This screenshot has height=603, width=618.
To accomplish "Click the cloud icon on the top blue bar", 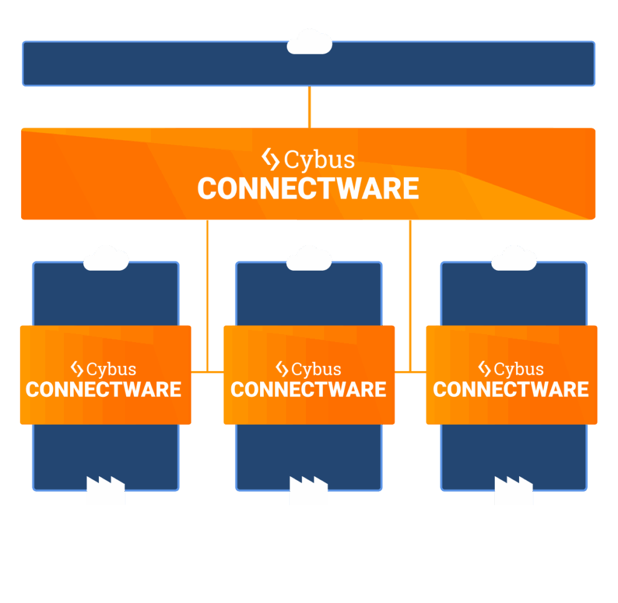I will [309, 42].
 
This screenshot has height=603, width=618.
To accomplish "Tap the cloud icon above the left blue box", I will [106, 259].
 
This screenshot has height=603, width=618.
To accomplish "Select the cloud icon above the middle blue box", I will [309, 259].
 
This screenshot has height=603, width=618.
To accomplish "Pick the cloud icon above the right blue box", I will [514, 259].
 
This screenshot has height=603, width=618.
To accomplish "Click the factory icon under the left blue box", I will [106, 490].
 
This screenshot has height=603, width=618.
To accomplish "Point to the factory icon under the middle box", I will [308, 490].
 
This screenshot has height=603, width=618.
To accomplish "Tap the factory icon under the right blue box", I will [514, 490].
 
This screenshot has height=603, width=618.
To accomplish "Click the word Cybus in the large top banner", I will [319, 160].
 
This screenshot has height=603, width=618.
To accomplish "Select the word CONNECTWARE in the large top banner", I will [308, 189].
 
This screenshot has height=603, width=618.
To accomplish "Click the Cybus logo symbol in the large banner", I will [270, 160].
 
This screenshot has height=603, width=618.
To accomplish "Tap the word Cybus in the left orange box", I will [112, 369].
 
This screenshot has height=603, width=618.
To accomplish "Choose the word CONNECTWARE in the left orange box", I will [104, 390].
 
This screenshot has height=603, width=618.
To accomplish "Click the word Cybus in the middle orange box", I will [316, 369].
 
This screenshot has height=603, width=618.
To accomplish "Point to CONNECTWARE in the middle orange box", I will [308, 390].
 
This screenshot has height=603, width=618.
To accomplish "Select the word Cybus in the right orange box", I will [519, 369].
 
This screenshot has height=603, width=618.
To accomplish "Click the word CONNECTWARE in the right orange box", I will [511, 390].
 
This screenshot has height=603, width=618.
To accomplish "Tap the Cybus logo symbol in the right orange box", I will [484, 369].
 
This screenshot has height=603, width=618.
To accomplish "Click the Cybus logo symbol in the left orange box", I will [77, 369].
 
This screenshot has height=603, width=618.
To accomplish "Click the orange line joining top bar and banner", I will [310, 107].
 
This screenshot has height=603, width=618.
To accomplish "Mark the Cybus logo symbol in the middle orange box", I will [281, 369].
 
